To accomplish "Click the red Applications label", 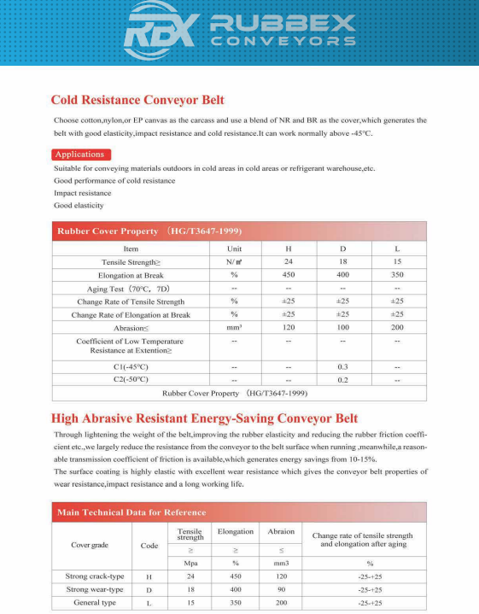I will [79, 155].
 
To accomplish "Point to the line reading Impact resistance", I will [83, 193].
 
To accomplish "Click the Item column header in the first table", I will [131, 249].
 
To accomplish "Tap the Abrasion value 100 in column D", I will [343, 328].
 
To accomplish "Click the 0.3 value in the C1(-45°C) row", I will [343, 366].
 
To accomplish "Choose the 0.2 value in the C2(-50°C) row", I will [343, 379].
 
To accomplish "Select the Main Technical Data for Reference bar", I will [131, 512].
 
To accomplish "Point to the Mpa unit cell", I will [190, 564].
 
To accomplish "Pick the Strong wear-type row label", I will [95, 589].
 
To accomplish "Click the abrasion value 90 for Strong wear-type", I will [281, 589].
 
